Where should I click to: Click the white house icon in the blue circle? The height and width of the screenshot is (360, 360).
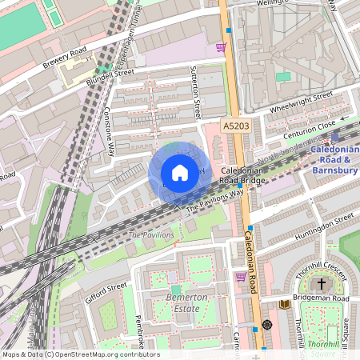coord(180,173)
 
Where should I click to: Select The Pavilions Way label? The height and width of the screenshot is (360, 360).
coord(214,200)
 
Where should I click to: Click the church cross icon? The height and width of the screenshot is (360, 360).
coord(322,284)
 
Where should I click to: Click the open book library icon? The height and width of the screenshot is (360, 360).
coord(284,303)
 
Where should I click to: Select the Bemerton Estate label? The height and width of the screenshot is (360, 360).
coord(186,302)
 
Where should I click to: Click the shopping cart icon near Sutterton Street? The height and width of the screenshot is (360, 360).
coord(221,47)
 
